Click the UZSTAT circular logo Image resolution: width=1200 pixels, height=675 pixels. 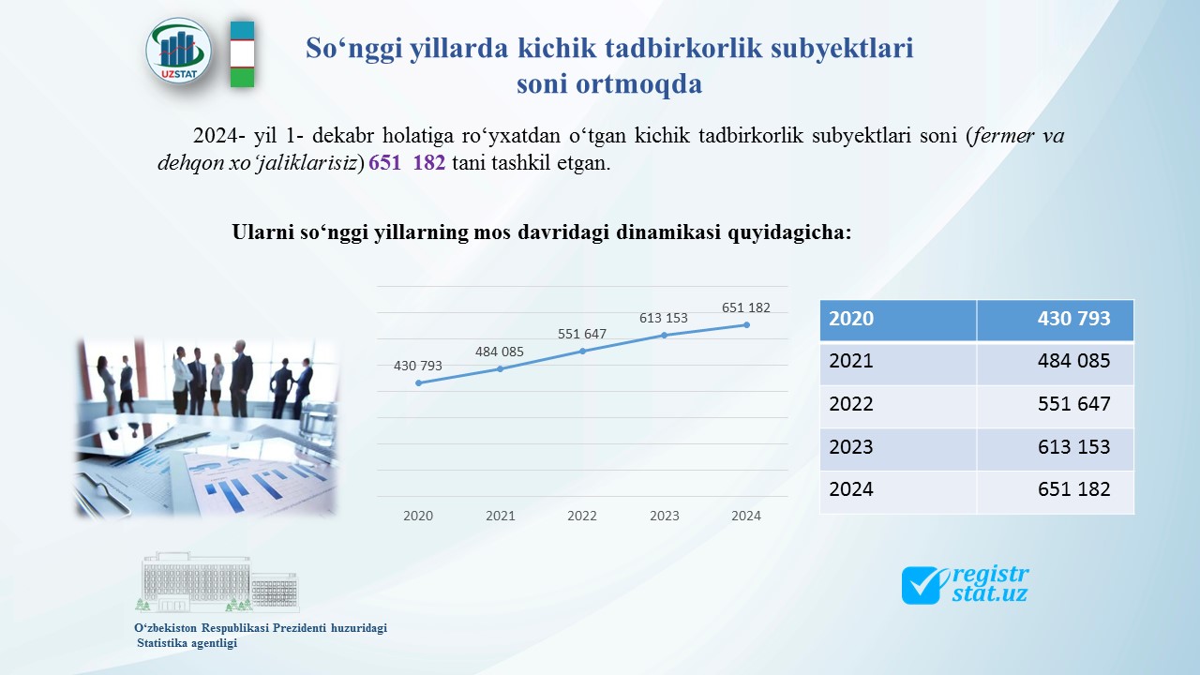178,52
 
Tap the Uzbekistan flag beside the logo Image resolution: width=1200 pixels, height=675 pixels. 242,54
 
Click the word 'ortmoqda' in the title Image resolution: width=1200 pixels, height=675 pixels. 639,84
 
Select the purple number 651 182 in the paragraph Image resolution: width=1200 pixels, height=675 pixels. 407,162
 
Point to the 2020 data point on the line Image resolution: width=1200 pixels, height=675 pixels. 418,383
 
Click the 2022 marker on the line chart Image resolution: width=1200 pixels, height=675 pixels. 583,352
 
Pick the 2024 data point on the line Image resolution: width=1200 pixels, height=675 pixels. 747,325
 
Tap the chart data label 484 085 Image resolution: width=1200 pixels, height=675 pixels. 500,352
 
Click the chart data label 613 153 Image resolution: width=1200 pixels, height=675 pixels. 663,318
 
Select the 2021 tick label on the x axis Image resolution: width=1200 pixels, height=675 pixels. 501,516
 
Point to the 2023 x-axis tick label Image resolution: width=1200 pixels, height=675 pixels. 665,516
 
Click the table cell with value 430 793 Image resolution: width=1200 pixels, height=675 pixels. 1056,320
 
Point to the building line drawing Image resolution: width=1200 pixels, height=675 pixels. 217,582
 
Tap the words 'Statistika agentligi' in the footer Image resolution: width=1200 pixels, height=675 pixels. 187,643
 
